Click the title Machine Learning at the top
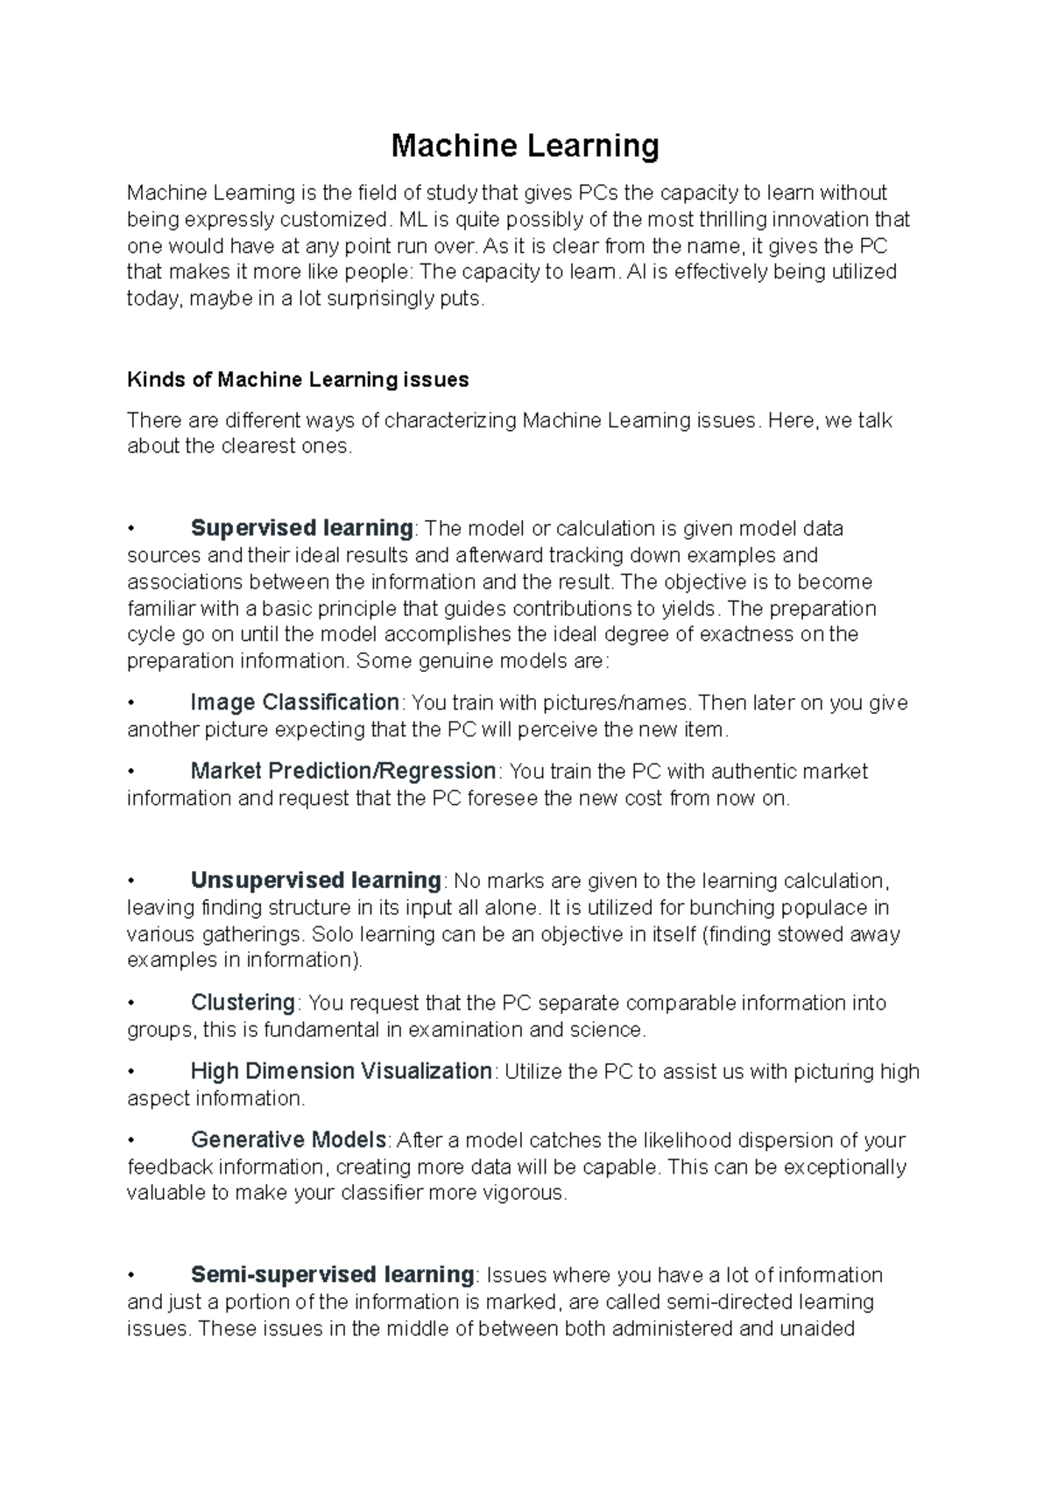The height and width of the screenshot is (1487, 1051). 525,145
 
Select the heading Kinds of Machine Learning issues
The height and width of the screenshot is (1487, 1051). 298,380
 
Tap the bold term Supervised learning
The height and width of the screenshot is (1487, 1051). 301,528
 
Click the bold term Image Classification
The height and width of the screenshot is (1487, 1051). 295,702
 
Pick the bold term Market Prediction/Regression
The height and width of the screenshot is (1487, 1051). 343,772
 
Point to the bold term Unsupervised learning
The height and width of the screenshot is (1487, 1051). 316,880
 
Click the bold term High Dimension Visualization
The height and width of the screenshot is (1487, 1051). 342,1071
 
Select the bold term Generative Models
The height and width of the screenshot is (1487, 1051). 289,1140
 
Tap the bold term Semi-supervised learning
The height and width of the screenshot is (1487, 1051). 332,1274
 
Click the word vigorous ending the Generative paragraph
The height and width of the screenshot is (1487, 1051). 520,1193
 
